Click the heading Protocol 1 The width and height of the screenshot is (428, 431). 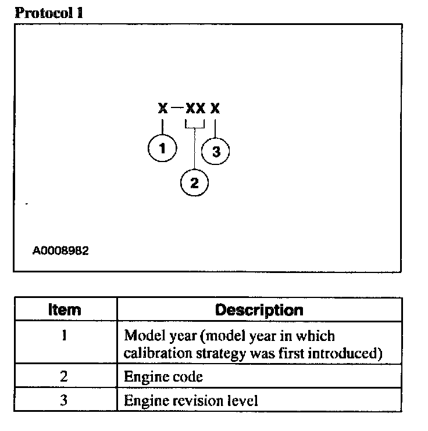(x=48, y=13)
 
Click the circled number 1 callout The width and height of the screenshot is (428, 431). (x=162, y=148)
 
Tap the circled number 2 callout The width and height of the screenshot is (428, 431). (x=195, y=183)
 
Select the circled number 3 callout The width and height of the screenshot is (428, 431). (x=216, y=152)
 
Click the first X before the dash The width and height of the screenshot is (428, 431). (x=162, y=109)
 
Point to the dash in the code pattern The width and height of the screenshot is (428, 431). (x=178, y=109)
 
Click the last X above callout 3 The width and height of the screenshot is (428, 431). (x=216, y=109)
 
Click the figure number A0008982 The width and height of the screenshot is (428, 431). (x=61, y=252)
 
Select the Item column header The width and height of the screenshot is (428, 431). (x=64, y=310)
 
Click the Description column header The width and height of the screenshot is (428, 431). (x=259, y=310)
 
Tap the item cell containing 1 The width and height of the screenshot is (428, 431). (x=64, y=336)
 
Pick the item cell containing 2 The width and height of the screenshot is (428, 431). (x=64, y=376)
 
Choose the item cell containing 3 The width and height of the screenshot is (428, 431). (x=64, y=400)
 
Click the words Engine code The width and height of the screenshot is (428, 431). (x=163, y=376)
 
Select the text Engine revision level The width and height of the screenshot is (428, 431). (x=191, y=400)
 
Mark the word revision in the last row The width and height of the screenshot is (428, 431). (x=198, y=400)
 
